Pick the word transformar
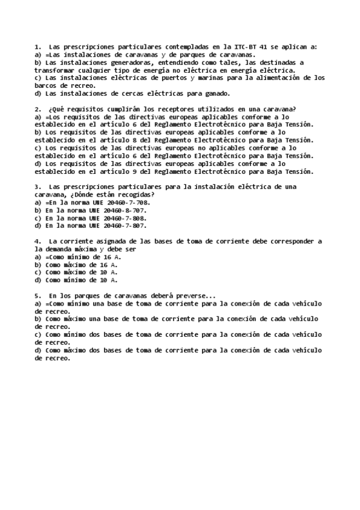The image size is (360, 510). click(x=55, y=70)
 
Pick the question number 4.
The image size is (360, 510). click(x=38, y=242)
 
